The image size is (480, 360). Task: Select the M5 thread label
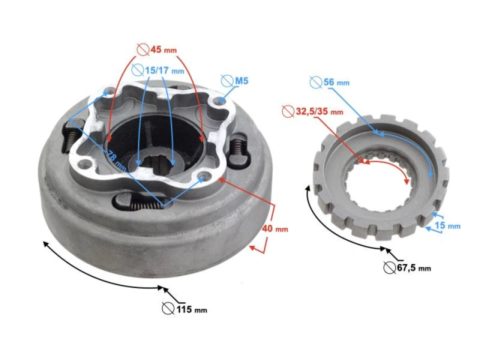click(242, 80)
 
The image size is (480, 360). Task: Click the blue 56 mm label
click(336, 82)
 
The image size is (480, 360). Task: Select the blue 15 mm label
click(447, 226)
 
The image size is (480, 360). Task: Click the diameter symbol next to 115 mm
click(168, 309)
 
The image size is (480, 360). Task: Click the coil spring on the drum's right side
click(238, 148)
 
